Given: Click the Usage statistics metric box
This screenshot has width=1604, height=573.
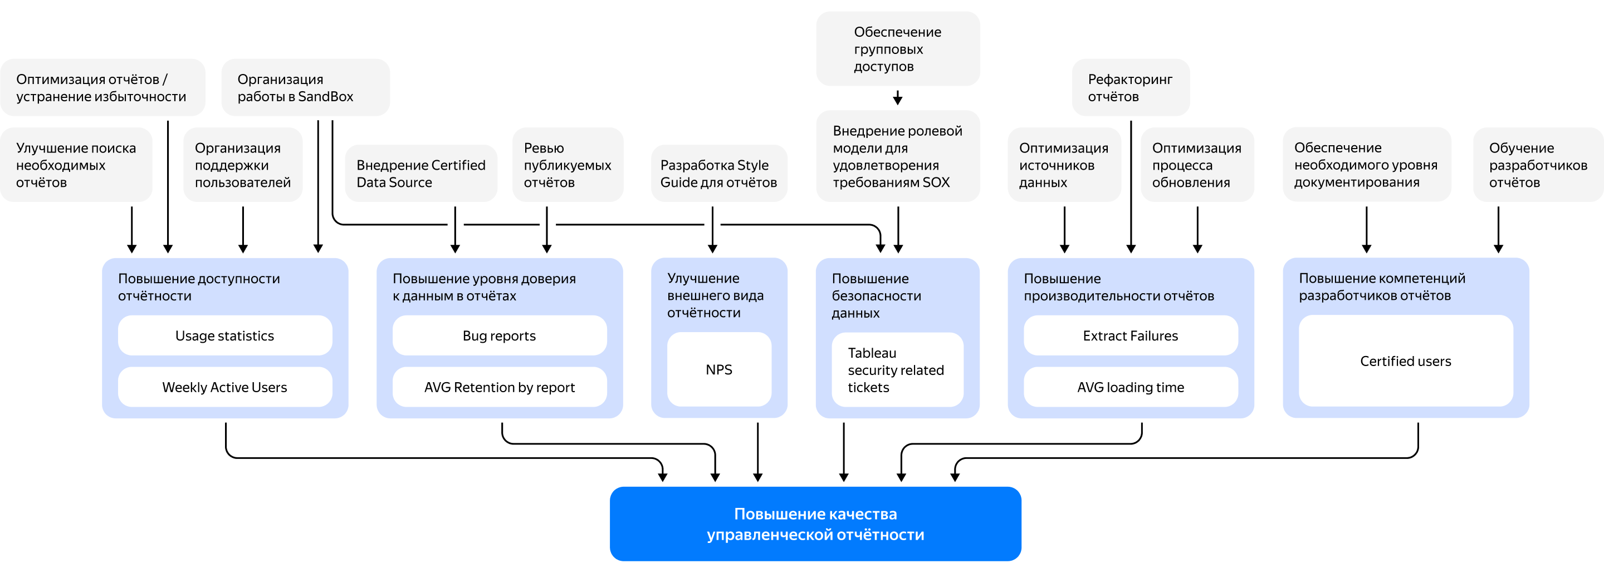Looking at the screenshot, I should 225,335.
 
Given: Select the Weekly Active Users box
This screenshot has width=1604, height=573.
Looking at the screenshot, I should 225,387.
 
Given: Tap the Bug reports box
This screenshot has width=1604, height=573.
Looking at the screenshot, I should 500,335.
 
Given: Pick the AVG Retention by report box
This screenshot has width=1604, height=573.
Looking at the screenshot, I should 500,387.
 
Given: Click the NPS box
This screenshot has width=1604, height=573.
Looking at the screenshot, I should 718,369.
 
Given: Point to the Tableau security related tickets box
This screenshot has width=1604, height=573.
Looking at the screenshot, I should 897,369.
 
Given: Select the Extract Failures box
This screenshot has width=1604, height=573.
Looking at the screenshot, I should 1130,335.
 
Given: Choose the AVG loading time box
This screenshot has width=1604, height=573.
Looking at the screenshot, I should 1130,387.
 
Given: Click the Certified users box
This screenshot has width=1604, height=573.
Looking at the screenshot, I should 1405,361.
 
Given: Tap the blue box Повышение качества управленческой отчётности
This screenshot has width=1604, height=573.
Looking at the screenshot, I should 815,524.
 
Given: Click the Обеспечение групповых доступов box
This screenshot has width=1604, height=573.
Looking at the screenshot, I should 897,48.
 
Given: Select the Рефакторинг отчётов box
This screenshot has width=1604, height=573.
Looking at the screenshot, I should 1130,88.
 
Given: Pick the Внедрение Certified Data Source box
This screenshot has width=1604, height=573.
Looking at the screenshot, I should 421,174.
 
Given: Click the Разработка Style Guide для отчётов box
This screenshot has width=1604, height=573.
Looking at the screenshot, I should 718,174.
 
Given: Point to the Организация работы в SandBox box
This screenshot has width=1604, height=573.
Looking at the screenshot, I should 305,88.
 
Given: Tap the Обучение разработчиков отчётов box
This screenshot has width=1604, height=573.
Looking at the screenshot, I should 1537,165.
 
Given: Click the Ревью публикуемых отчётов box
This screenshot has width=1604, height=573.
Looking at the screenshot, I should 568,165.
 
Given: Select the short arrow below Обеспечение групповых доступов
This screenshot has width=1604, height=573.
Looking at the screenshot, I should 897,98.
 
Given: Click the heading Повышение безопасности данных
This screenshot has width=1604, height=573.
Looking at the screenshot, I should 876,295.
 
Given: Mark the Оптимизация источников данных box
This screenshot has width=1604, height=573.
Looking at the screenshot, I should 1064,165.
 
